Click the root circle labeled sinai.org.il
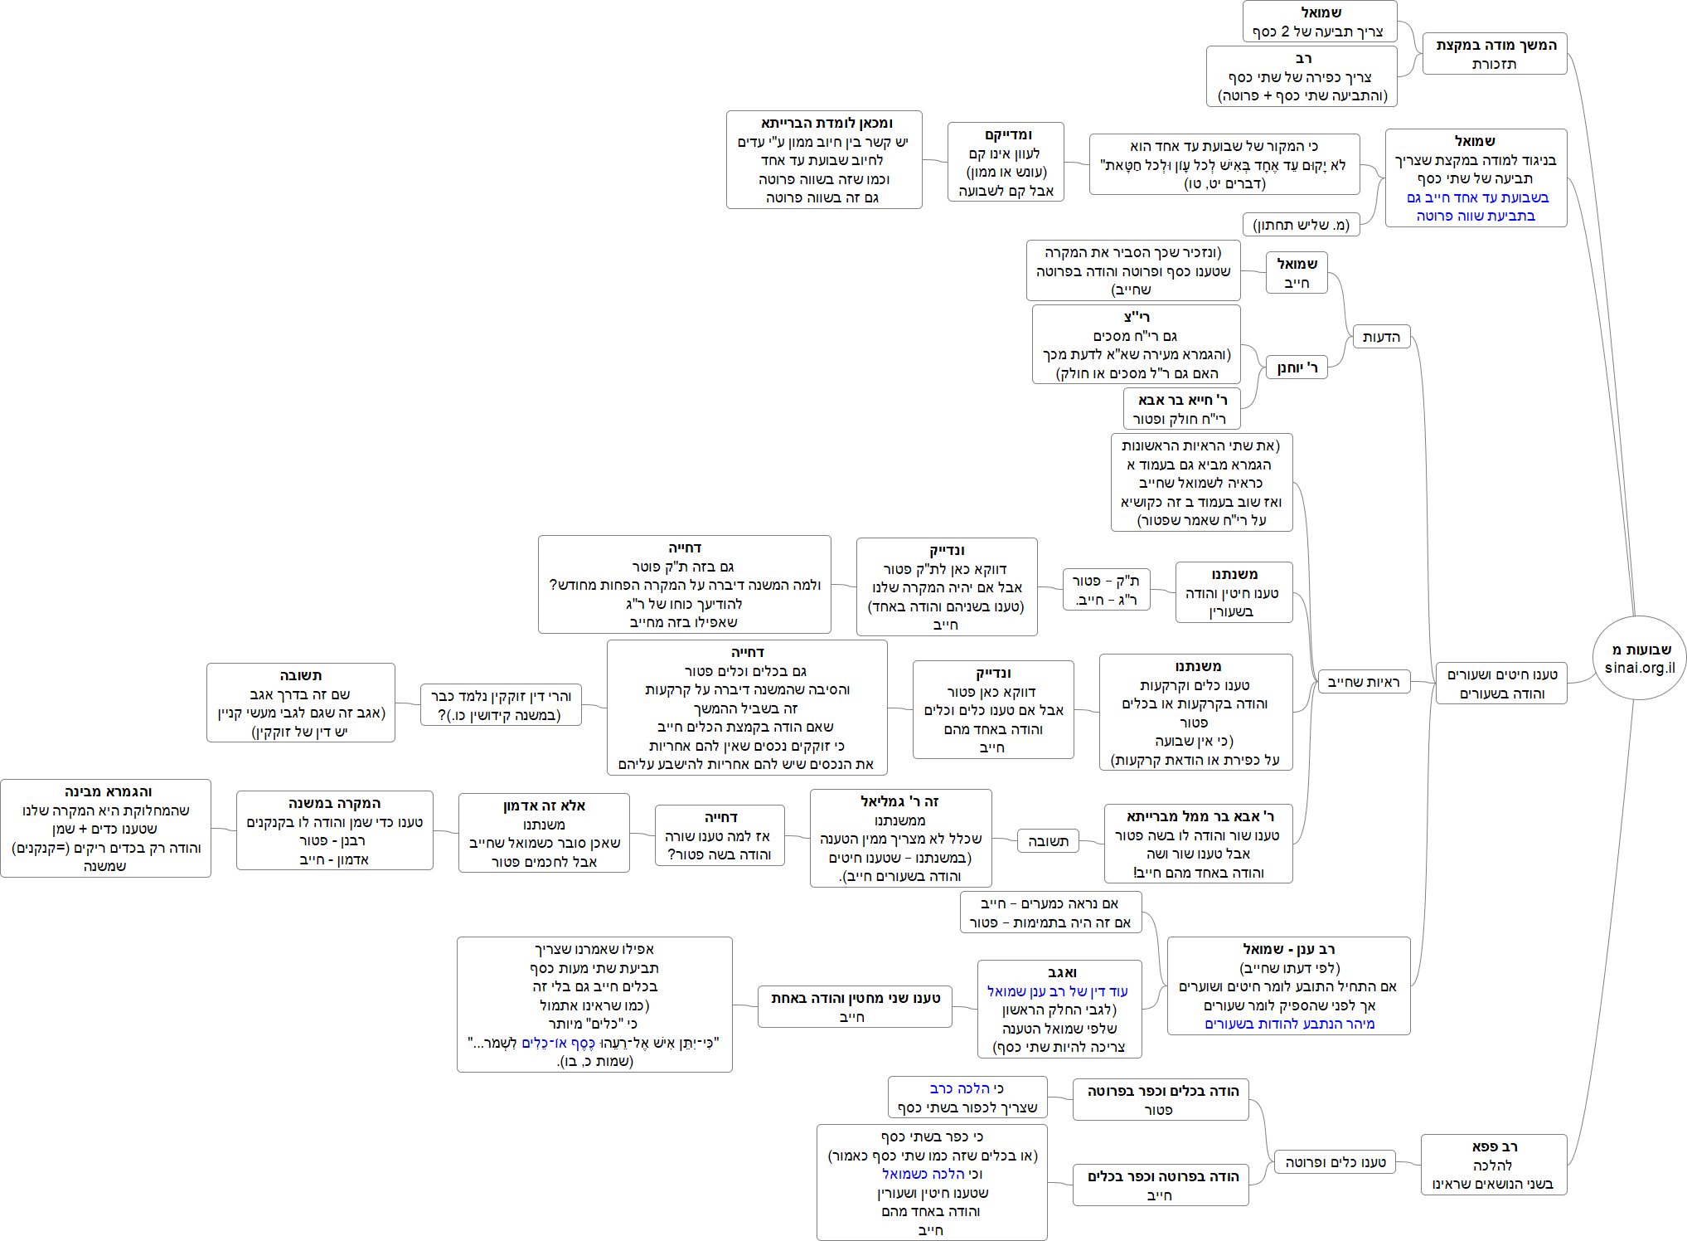point(1639,658)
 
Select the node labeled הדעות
point(1380,337)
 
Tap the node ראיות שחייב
point(1363,682)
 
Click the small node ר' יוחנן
point(1297,367)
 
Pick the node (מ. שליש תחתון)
point(1301,225)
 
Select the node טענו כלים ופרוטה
point(1335,1162)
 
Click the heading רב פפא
point(1494,1146)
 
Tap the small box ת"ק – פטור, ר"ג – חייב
point(1106,590)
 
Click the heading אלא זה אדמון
point(544,806)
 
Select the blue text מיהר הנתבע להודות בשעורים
point(1289,1024)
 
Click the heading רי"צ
point(1137,317)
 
